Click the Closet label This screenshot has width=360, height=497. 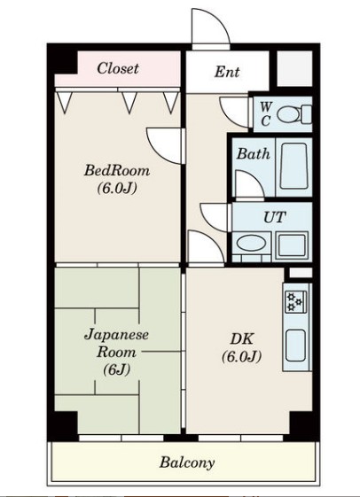(x=118, y=68)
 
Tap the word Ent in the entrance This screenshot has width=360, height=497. (x=227, y=72)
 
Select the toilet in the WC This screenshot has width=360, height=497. (x=293, y=114)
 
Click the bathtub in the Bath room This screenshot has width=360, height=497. (x=293, y=166)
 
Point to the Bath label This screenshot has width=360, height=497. (x=253, y=154)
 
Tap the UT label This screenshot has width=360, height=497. (x=274, y=217)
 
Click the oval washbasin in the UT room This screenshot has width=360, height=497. (x=252, y=244)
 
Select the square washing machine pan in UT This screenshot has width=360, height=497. (x=292, y=246)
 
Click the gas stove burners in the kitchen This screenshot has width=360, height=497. (x=295, y=302)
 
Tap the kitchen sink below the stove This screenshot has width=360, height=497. (x=295, y=346)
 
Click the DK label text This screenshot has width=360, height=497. (x=242, y=339)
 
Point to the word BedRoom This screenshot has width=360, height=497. (x=117, y=170)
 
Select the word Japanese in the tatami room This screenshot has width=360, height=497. (x=116, y=335)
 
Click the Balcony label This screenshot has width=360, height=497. (x=187, y=462)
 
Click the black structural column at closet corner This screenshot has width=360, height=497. (x=62, y=60)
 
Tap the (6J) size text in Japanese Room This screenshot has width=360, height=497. (x=116, y=369)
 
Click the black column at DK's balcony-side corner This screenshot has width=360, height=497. (x=301, y=423)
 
